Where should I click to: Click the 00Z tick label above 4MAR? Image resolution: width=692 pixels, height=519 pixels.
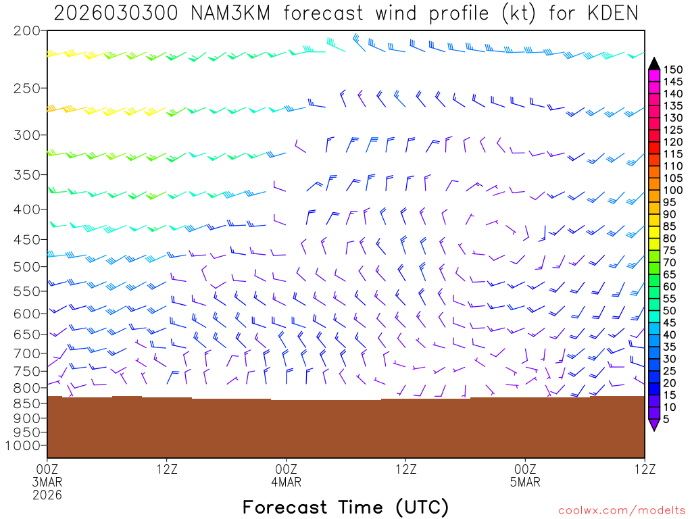287,468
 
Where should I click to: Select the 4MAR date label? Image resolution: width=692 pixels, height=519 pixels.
287,482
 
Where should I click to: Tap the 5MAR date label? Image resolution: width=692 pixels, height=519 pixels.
526,482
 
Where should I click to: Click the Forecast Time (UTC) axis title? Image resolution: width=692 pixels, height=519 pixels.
345,507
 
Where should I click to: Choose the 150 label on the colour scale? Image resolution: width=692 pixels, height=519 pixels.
673,70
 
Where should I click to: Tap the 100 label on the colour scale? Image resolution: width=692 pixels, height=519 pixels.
673,190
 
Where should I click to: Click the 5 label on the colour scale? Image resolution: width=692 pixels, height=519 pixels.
666,420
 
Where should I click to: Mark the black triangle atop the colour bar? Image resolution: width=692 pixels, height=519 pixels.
654,64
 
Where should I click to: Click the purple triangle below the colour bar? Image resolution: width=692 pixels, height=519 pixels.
654,424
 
